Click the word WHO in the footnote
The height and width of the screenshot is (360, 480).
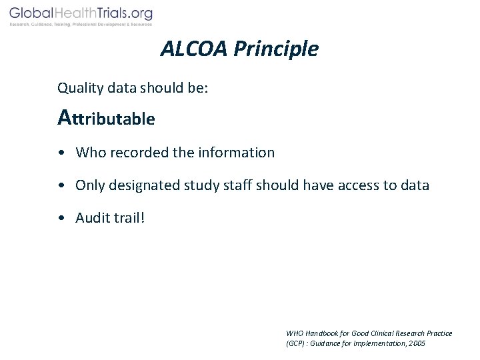294,333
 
